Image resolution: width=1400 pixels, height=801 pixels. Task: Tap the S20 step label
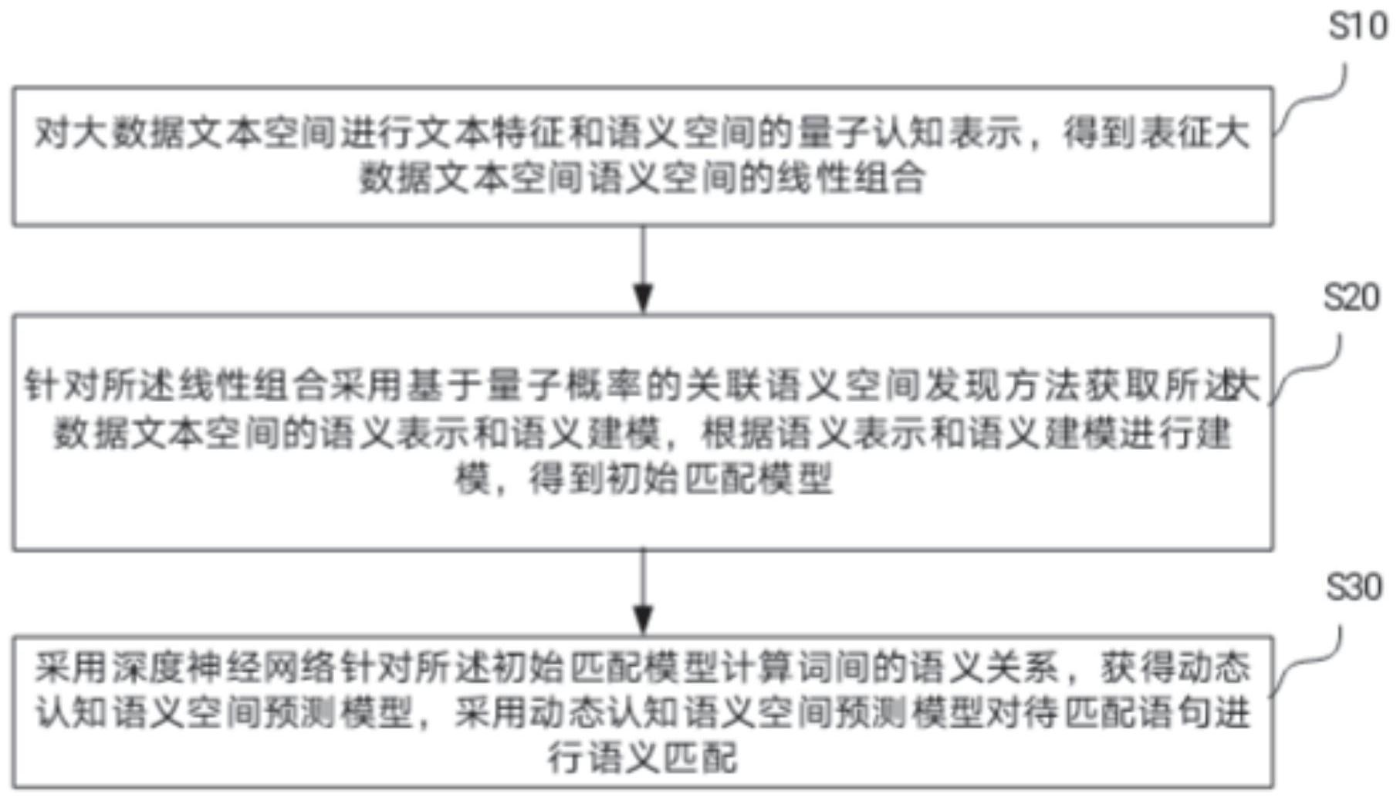[x=1351, y=297]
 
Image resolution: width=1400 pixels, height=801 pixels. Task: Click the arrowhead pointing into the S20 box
[x=643, y=298]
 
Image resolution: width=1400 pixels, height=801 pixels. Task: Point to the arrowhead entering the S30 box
[x=643, y=620]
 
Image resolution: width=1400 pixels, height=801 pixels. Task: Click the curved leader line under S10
[x=1312, y=100]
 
